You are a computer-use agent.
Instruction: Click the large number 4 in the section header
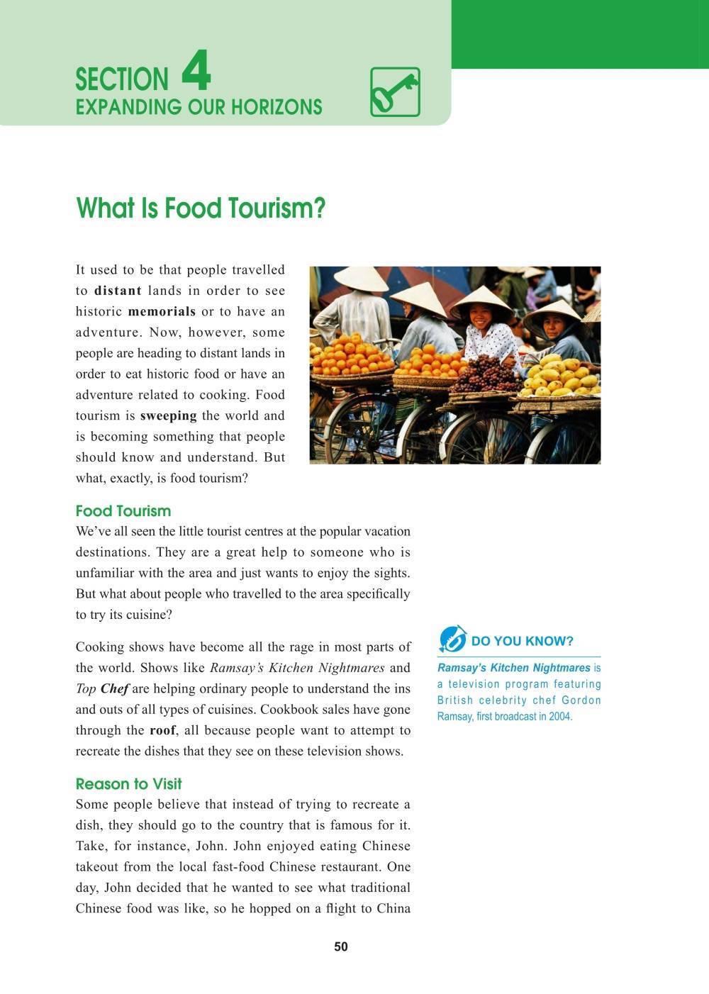pos(196,73)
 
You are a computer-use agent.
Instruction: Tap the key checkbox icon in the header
pos(395,92)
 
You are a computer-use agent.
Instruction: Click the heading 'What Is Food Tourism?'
pos(200,208)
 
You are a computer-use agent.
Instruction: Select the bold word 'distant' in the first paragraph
pos(118,291)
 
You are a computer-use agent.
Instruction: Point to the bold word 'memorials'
pos(162,311)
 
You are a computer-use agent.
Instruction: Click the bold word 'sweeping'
pos(168,415)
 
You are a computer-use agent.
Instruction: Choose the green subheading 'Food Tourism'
pos(123,511)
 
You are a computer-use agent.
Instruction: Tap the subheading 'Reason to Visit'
pos(128,784)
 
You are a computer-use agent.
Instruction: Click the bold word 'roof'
pos(162,730)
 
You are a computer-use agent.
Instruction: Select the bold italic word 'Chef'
pos(115,688)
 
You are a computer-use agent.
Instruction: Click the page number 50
pos(341,947)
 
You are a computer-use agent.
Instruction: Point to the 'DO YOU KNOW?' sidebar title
pos(522,642)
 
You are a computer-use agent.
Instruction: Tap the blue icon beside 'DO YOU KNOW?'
pos(452,640)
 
